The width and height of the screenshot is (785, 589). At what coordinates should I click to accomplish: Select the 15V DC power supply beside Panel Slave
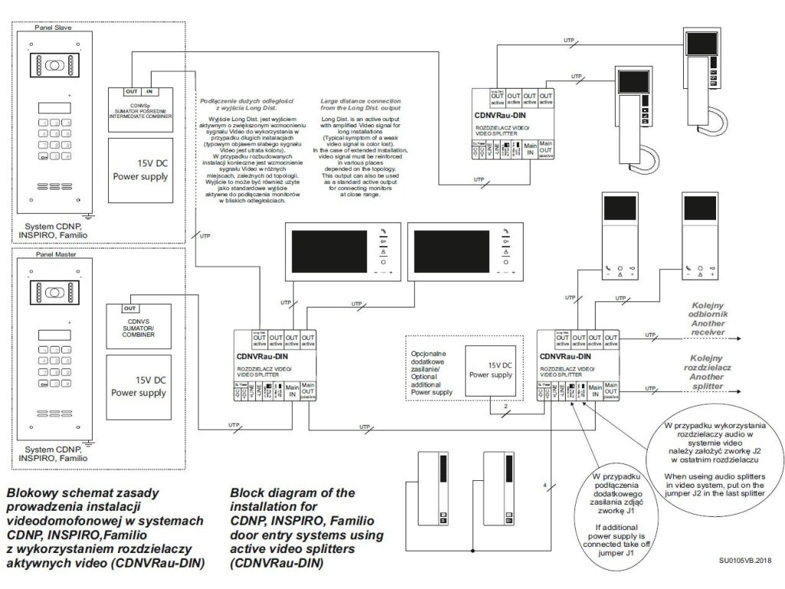[x=140, y=169]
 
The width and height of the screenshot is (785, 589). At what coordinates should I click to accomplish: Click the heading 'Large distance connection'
[x=364, y=105]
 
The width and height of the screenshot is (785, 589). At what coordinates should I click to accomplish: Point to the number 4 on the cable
[x=544, y=485]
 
